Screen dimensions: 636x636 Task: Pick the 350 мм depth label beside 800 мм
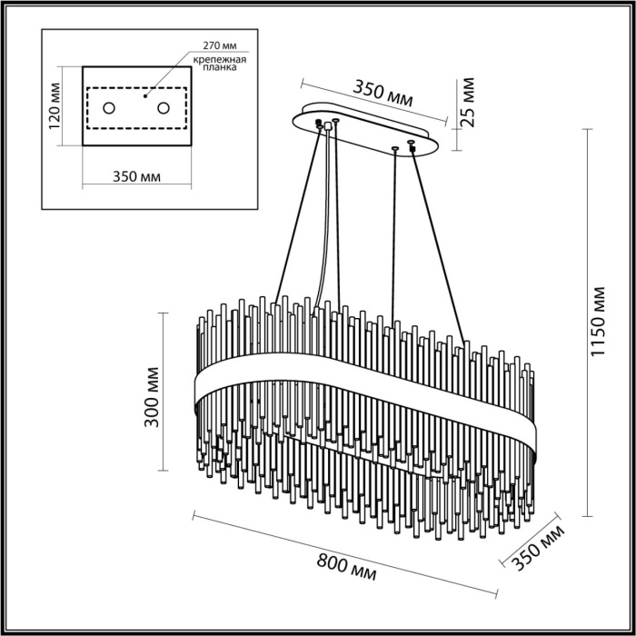pos(537,550)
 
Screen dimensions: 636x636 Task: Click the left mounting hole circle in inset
pos(109,109)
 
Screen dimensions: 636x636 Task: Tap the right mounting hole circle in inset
pos(164,108)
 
